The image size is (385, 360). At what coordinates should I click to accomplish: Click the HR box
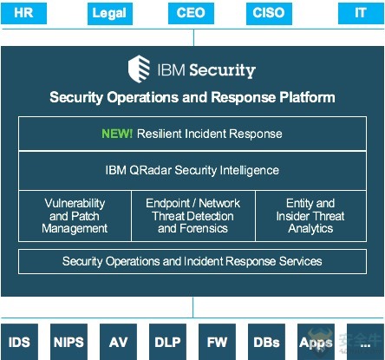(23, 13)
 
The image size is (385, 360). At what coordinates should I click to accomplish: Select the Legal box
(110, 14)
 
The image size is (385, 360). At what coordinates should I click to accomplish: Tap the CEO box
(191, 13)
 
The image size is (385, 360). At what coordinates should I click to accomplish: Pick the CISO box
(269, 14)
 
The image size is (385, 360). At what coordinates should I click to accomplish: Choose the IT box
(361, 13)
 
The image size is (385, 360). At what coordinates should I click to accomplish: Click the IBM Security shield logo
(139, 69)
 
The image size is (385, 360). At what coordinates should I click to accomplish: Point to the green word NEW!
(117, 134)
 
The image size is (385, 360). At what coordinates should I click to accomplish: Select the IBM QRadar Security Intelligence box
(192, 170)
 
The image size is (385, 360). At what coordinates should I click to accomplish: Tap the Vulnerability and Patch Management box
(75, 216)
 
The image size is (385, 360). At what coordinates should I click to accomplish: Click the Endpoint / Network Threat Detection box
(193, 216)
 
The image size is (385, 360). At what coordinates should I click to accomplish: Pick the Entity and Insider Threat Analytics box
(311, 216)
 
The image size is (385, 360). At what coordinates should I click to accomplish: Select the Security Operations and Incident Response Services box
(192, 261)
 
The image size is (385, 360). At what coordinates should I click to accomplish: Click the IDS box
(19, 342)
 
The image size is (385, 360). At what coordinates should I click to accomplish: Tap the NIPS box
(69, 342)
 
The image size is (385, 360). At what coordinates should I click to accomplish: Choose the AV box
(118, 342)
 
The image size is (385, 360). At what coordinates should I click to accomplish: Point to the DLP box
(167, 342)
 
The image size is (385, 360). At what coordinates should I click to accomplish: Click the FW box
(217, 342)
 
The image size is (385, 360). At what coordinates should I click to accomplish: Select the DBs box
(266, 342)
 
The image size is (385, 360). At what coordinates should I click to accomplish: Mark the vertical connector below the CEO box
(193, 37)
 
